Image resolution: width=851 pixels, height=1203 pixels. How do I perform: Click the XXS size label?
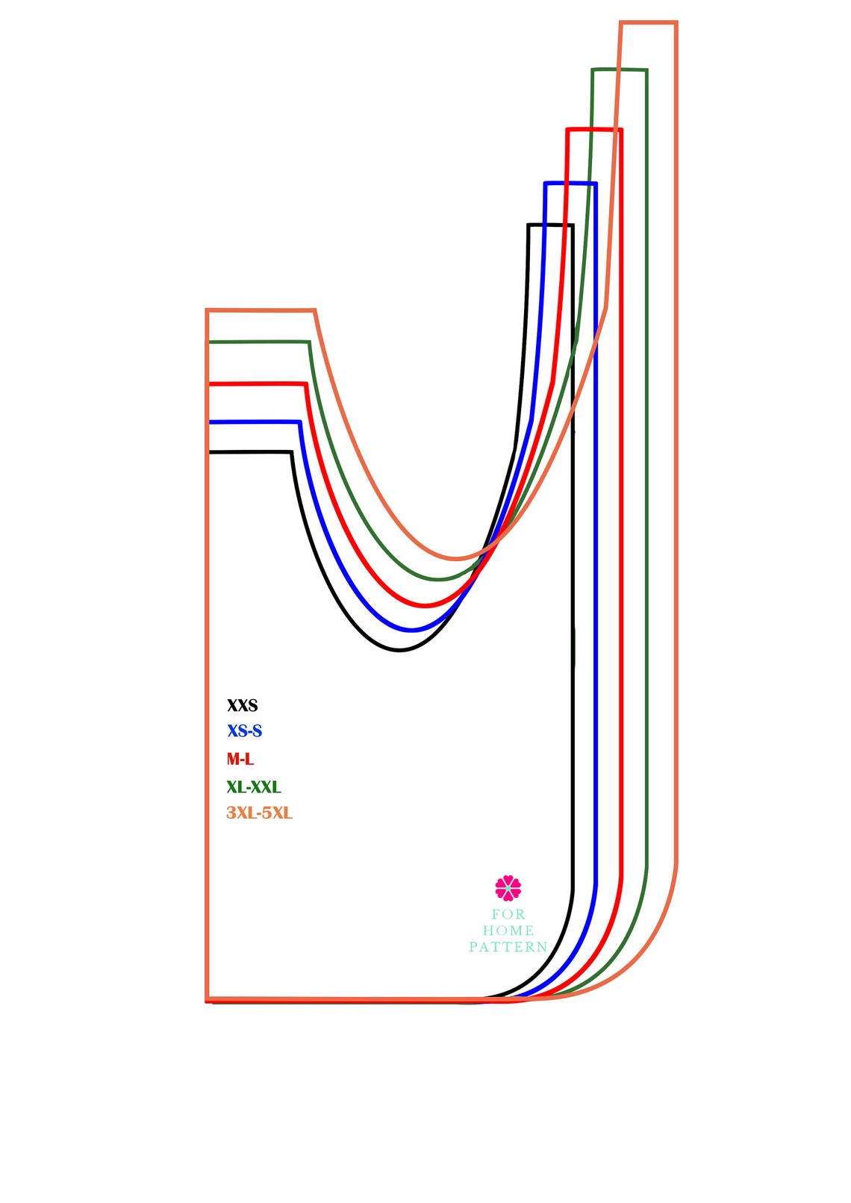(x=243, y=705)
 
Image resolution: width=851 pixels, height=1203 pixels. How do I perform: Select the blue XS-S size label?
(x=244, y=731)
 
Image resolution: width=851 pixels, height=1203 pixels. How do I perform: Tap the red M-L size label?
(x=240, y=759)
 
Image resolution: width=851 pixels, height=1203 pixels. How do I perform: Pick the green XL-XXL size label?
(x=254, y=787)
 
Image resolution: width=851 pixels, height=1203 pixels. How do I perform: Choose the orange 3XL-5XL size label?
(x=260, y=813)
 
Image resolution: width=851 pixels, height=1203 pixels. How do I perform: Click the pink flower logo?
(x=508, y=888)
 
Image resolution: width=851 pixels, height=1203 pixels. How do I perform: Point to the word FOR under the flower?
(x=508, y=914)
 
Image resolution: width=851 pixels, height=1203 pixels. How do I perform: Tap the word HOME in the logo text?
(x=508, y=930)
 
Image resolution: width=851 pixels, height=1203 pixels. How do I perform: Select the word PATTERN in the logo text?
(x=508, y=947)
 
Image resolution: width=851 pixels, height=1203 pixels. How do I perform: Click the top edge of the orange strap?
(x=649, y=22)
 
